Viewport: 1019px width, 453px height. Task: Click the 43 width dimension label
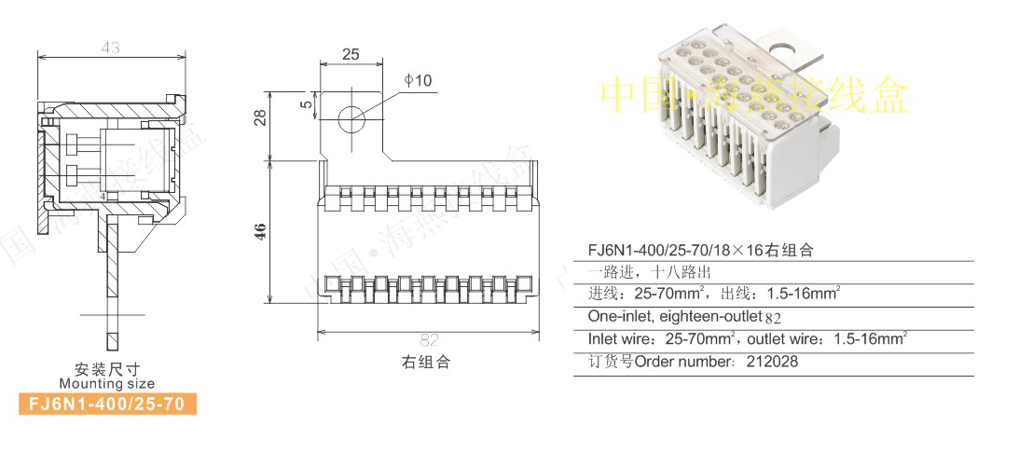click(x=111, y=48)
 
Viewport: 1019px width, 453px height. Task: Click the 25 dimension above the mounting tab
click(x=351, y=54)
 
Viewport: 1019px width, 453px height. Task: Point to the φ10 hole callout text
click(x=419, y=81)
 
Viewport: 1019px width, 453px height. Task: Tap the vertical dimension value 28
click(x=261, y=117)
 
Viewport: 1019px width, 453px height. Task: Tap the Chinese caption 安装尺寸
click(x=107, y=369)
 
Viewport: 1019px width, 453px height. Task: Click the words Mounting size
click(x=107, y=383)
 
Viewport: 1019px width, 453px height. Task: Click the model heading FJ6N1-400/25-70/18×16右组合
click(x=700, y=250)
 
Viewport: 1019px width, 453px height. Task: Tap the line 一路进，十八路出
click(x=649, y=272)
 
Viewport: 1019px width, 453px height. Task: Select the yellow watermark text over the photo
click(x=753, y=95)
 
